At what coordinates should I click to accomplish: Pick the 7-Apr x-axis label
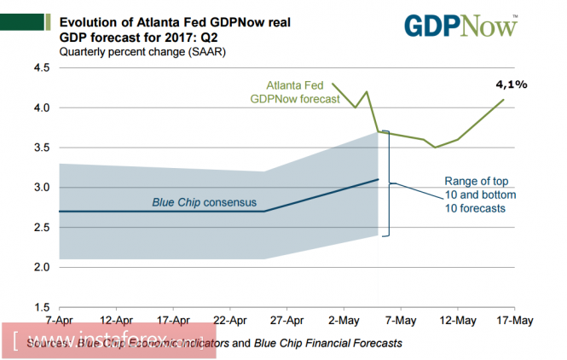point(59,321)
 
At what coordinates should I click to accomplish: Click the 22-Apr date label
point(229,321)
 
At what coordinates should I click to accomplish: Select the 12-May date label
point(458,321)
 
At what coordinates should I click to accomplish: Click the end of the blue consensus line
point(378,179)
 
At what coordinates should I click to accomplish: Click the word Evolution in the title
point(92,23)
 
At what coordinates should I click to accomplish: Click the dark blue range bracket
point(389,183)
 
